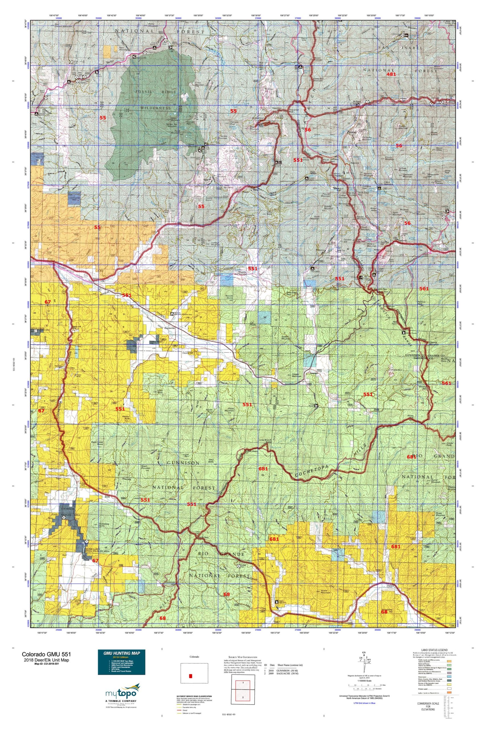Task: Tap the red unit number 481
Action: [x=391, y=74]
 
